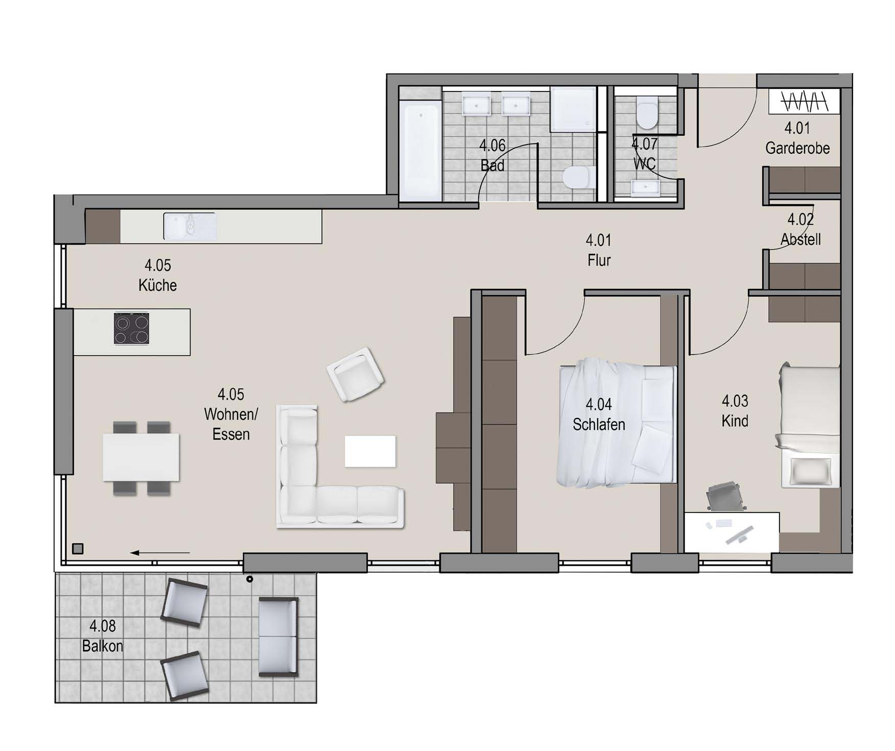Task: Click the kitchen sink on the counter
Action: (190, 226)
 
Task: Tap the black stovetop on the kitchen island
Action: (132, 328)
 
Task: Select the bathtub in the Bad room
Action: (420, 150)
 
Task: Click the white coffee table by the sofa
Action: (370, 451)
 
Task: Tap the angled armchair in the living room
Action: (356, 374)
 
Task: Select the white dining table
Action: (141, 457)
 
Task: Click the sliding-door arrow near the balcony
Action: (160, 553)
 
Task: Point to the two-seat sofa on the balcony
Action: (278, 637)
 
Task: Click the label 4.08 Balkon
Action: (103, 636)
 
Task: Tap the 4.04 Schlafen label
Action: (599, 414)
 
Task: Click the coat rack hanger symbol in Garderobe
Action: (804, 101)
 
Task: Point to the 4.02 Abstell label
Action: (800, 229)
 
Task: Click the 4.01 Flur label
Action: (599, 250)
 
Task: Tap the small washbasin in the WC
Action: (646, 187)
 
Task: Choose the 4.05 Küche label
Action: (157, 275)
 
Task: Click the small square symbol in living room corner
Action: (78, 549)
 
